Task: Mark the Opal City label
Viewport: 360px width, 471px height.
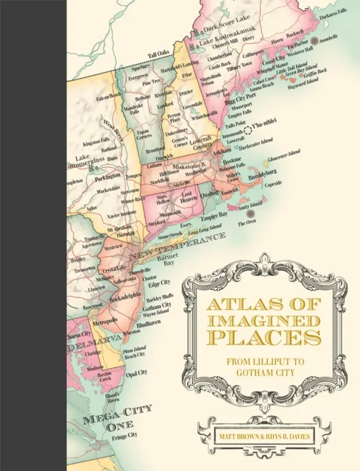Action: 137,372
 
